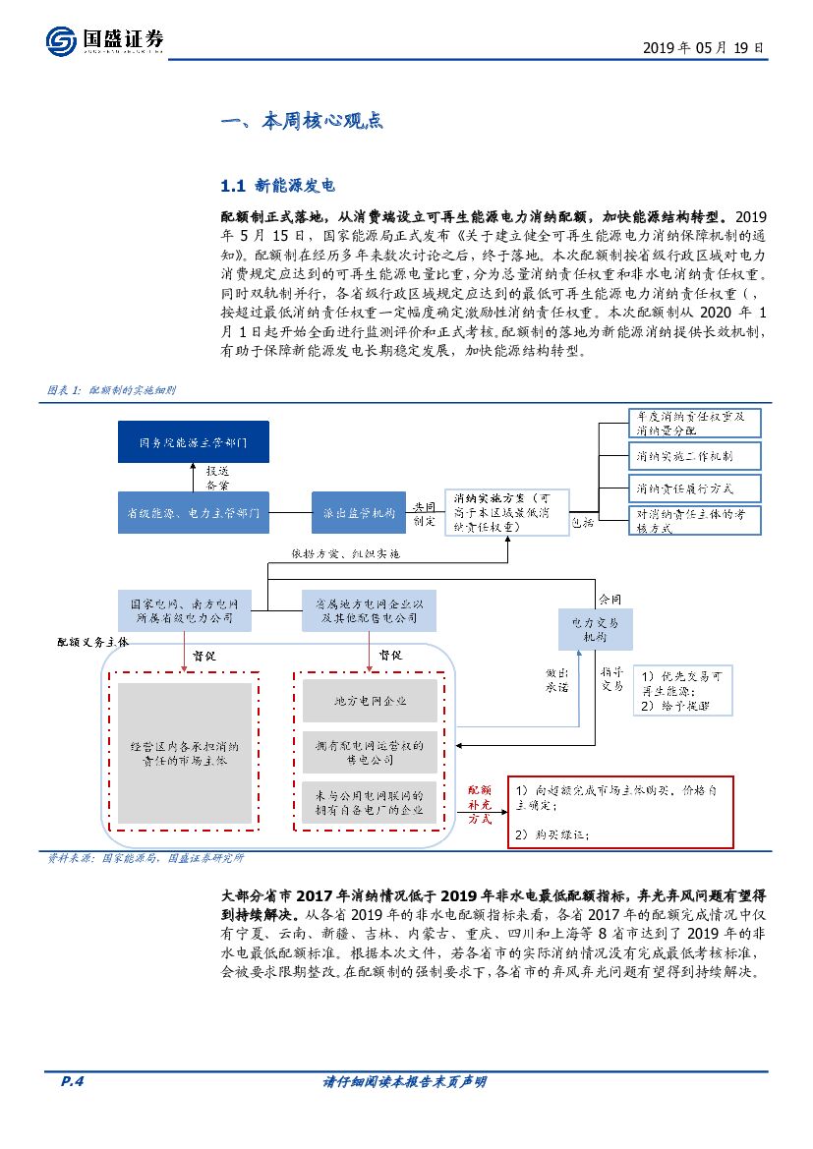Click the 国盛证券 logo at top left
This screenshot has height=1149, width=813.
104,40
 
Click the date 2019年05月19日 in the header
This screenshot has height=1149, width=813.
702,46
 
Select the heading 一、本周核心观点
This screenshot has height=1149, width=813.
302,122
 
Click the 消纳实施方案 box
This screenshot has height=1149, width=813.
508,513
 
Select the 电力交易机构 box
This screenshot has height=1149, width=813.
595,629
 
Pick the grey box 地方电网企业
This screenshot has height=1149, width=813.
370,701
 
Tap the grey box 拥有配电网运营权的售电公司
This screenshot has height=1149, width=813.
370,753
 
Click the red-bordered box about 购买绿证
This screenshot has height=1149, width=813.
620,813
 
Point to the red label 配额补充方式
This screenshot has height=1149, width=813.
480,803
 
